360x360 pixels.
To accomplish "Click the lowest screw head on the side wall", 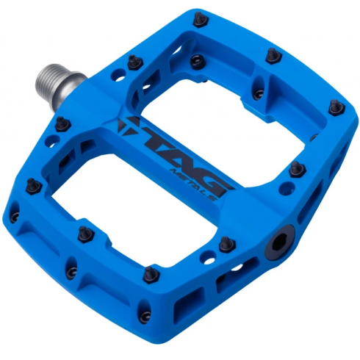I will click(x=146, y=316).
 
